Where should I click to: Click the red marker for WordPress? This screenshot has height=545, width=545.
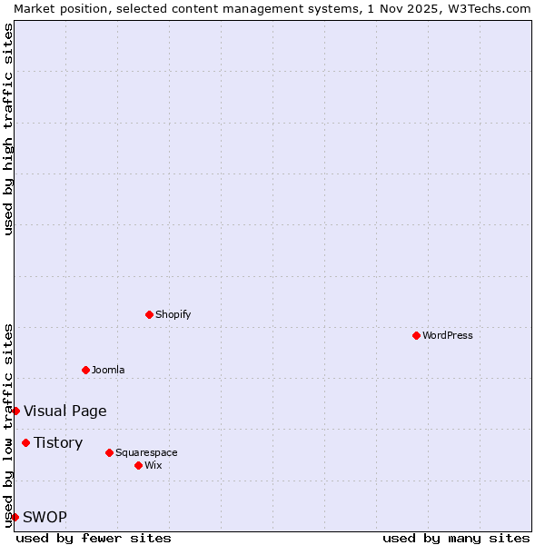[416, 335]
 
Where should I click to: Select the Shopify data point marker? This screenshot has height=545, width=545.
[149, 314]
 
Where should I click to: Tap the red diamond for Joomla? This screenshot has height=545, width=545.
[85, 370]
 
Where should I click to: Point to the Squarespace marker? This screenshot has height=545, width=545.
[109, 452]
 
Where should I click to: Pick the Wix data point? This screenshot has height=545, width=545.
[138, 465]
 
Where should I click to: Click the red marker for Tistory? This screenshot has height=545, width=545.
[25, 442]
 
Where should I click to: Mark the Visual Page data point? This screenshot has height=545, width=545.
[15, 411]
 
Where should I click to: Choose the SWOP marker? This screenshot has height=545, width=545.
[15, 517]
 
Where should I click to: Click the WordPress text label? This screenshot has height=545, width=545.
[448, 335]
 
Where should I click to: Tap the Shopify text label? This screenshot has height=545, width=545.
[173, 314]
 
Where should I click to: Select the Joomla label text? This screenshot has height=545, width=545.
[108, 370]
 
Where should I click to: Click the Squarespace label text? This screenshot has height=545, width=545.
[146, 452]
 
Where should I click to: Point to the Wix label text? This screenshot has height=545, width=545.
[154, 465]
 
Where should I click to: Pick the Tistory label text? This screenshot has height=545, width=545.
[58, 442]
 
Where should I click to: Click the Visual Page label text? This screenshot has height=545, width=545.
[65, 411]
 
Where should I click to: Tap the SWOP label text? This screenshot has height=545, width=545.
[45, 517]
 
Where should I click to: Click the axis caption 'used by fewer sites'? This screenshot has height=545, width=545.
[94, 538]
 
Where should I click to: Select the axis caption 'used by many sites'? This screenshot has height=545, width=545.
[456, 538]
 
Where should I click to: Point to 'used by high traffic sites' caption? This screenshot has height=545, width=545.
[8, 129]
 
